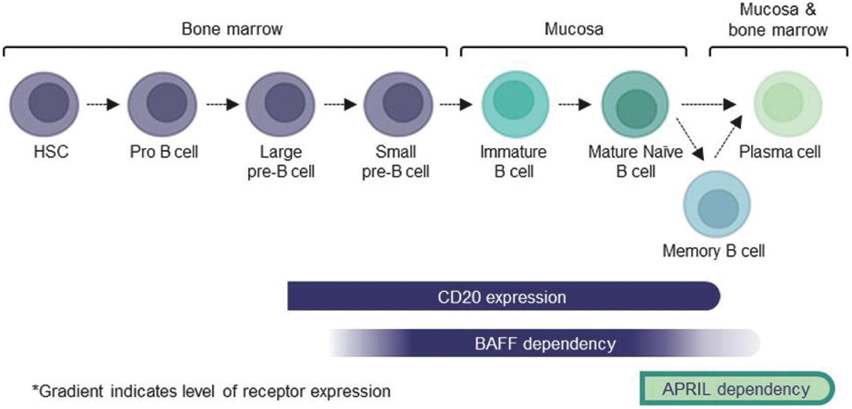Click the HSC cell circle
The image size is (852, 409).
pyautogui.click(x=44, y=104)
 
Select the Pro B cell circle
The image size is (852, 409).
pyautogui.click(x=162, y=104)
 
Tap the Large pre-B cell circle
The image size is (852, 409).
pyautogui.click(x=280, y=104)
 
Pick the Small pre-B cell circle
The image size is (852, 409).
pyautogui.click(x=398, y=104)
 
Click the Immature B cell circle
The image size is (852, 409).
pyautogui.click(x=515, y=104)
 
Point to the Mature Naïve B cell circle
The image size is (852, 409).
pyautogui.click(x=635, y=104)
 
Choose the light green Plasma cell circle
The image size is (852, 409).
pyautogui.click(x=788, y=104)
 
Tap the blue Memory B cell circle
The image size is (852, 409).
pyautogui.click(x=717, y=204)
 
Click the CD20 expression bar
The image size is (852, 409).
pyautogui.click(x=503, y=296)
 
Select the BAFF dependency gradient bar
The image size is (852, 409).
pyautogui.click(x=544, y=343)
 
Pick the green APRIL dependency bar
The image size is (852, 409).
pyautogui.click(x=736, y=389)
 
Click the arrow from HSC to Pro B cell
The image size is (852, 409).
pyautogui.click(x=103, y=105)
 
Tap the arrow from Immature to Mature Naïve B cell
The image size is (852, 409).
pyautogui.click(x=574, y=105)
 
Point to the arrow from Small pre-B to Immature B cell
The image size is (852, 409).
pyautogui.click(x=456, y=105)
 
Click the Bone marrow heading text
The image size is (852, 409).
pyautogui.click(x=232, y=29)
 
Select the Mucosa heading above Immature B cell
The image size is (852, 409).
pyautogui.click(x=574, y=29)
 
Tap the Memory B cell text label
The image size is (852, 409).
pyautogui.click(x=713, y=251)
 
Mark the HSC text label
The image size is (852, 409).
pyautogui.click(x=51, y=152)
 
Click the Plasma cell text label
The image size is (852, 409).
pyautogui.click(x=780, y=152)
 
